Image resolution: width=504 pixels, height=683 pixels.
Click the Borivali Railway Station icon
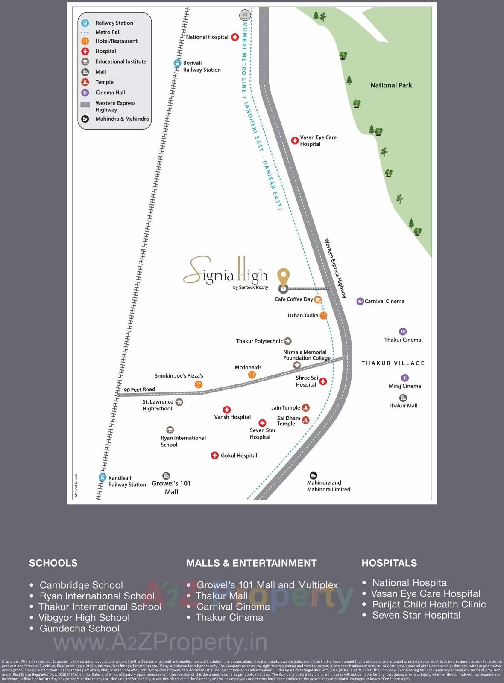(177, 63)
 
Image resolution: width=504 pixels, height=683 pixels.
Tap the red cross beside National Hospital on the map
(235, 37)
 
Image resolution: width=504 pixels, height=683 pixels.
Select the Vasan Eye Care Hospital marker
(295, 140)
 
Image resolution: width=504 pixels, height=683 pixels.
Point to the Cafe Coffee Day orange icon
(318, 299)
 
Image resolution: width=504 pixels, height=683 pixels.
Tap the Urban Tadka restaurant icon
(323, 316)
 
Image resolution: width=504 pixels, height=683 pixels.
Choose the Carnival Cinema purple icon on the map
(360, 301)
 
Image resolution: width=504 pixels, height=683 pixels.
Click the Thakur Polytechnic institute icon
(288, 341)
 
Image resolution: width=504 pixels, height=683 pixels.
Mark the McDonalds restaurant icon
(252, 375)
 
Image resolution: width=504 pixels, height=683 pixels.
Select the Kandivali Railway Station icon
(103, 477)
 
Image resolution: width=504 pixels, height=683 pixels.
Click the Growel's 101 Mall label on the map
(171, 488)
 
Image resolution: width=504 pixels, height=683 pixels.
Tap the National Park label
(391, 85)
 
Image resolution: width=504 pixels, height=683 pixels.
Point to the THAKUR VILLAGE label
(393, 363)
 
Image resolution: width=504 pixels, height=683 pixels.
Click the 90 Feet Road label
(139, 389)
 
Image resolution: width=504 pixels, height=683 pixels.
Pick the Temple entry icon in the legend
(85, 82)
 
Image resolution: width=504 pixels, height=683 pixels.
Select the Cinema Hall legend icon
(85, 93)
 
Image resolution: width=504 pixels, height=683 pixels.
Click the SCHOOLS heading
(53, 563)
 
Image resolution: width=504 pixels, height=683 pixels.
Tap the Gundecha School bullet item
(79, 628)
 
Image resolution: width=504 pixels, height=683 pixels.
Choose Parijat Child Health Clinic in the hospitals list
(429, 605)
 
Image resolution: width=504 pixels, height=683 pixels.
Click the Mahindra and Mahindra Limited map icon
(313, 475)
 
